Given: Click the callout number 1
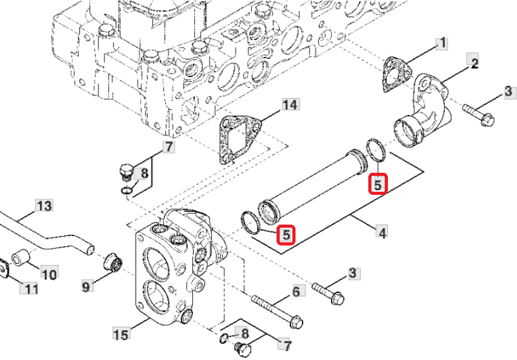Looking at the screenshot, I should [442, 44].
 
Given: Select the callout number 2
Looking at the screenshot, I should [473, 63].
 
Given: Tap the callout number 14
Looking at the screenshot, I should [290, 105].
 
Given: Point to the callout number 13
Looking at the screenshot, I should [44, 206].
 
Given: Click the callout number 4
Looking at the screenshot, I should [382, 233].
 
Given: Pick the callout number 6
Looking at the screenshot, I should [295, 291].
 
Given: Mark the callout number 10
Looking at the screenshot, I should [49, 274].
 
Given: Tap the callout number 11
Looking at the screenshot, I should [30, 289].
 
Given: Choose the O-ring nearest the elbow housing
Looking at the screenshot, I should [376, 150].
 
